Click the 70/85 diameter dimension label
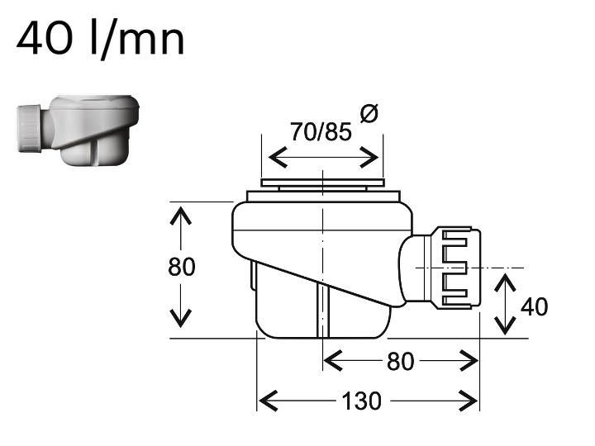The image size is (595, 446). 321,131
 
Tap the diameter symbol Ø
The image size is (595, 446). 369,113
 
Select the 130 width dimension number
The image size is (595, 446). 361,401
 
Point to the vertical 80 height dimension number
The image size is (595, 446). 181,267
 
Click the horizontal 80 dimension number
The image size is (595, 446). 400,362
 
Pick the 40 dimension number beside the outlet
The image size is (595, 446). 535,306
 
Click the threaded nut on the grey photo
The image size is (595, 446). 30,129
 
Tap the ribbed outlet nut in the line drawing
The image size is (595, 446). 456,268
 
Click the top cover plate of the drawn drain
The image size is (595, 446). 322,183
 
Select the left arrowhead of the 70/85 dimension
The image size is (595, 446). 278,158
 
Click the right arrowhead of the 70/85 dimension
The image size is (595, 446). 369,158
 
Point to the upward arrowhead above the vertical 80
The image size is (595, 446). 181,216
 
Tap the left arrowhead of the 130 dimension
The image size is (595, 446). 269,401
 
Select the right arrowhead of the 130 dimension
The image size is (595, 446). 468,401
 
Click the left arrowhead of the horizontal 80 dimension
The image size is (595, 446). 334,361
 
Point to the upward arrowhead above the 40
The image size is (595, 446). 505,283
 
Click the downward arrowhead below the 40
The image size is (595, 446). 505,325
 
